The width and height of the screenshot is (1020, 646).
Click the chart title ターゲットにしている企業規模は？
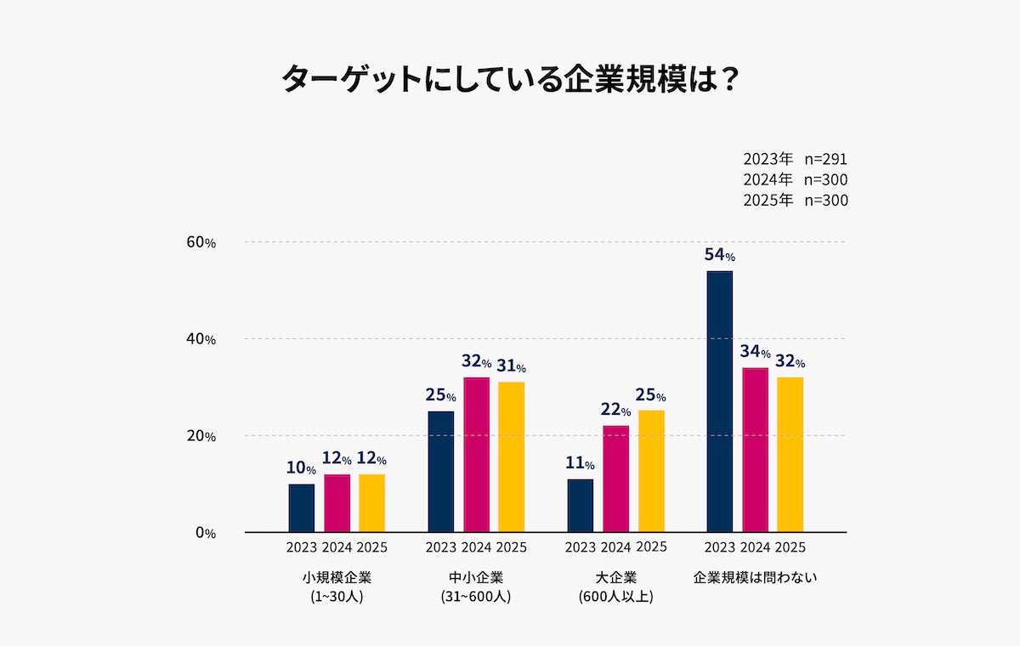(509, 79)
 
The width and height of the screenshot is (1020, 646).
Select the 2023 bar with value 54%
(720, 401)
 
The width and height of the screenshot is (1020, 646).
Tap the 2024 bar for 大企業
(616, 479)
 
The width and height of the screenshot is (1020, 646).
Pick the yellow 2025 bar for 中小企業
(512, 457)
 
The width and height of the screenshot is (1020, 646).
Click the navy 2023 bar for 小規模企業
(302, 507)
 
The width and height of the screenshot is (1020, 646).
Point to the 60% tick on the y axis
(201, 242)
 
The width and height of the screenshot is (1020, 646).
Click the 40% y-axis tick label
(201, 339)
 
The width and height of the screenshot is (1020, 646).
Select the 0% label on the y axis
(205, 533)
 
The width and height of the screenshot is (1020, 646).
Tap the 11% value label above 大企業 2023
(581, 464)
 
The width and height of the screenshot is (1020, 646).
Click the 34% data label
(755, 352)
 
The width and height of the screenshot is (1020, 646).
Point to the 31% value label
(512, 366)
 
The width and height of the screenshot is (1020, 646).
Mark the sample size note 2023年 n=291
(795, 159)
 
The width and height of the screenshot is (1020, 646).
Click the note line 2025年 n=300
(795, 201)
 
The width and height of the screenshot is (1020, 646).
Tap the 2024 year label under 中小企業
(476, 547)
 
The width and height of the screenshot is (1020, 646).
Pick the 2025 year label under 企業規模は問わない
(790, 547)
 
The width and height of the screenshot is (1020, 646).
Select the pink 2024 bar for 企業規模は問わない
(755, 450)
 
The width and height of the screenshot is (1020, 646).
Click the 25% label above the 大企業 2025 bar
(651, 395)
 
